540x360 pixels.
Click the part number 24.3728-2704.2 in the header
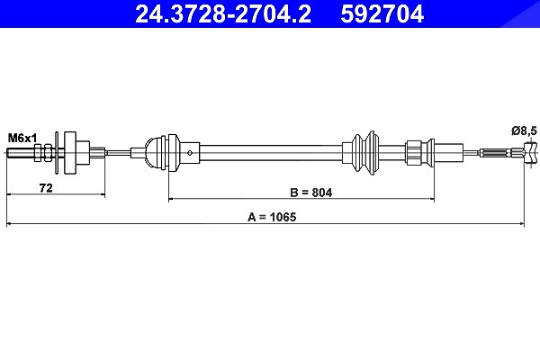point(223,14)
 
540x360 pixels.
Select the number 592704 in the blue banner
point(382,14)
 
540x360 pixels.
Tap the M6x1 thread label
point(22,139)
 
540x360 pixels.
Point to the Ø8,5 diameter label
point(524,130)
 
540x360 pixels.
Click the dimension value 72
point(46,188)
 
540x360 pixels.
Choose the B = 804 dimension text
point(311,193)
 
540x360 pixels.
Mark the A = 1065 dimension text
point(272,218)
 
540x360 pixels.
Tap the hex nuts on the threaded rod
point(43,153)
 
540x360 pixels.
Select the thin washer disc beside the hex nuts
point(58,153)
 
